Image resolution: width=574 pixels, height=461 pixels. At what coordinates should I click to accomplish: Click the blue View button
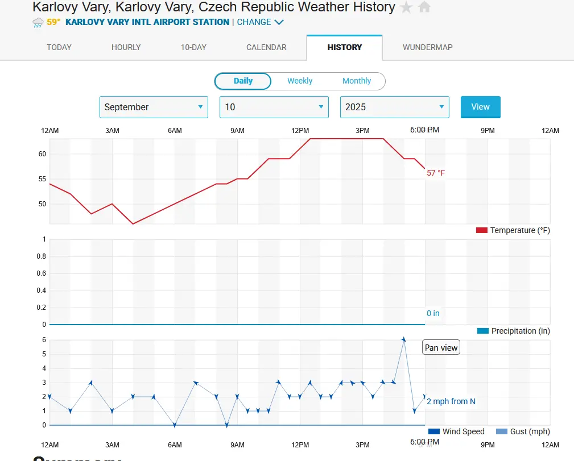[480, 107]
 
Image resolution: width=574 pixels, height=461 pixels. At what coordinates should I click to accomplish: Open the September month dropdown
[154, 107]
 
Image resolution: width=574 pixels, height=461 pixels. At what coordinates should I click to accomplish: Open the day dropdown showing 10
[274, 107]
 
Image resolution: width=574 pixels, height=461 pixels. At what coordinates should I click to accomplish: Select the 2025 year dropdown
[394, 107]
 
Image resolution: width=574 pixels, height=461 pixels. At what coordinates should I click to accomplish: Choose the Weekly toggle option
[300, 81]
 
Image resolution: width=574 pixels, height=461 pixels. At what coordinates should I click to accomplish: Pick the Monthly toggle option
[357, 81]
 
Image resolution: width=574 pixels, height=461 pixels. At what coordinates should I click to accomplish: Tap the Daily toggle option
[243, 81]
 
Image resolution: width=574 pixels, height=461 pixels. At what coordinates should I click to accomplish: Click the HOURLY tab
[126, 47]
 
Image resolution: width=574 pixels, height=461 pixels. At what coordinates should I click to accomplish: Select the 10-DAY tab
[193, 47]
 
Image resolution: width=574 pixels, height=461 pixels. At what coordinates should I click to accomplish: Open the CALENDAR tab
[266, 47]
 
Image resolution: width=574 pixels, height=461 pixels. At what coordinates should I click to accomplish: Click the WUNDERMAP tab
[428, 47]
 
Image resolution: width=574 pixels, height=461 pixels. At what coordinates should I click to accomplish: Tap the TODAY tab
[59, 47]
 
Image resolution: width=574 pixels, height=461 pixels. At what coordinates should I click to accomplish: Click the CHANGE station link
[260, 22]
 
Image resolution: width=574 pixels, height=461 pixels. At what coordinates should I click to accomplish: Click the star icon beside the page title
[406, 7]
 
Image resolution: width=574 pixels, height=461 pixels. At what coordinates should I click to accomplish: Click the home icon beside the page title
[424, 7]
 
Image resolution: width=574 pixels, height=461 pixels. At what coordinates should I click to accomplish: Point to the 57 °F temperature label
[436, 173]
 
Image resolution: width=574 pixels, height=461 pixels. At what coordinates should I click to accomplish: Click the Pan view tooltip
[441, 348]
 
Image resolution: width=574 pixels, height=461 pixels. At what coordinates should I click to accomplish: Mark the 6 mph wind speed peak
[403, 340]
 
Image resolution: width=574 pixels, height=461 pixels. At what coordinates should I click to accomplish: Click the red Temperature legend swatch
[482, 230]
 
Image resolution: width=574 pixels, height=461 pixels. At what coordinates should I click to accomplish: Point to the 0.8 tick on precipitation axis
[42, 256]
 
